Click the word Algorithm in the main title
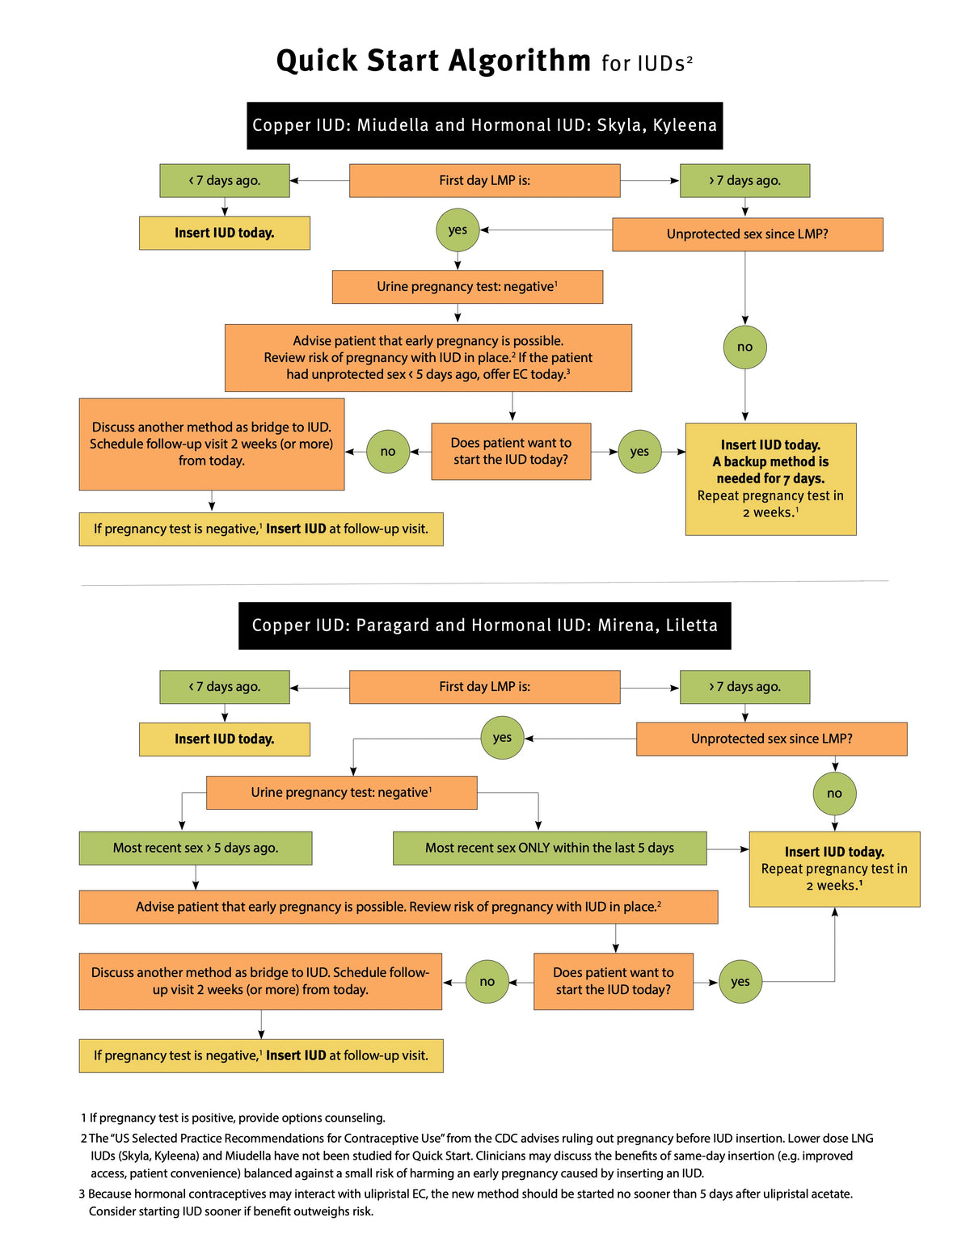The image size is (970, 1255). [520, 61]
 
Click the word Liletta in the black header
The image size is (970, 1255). [692, 625]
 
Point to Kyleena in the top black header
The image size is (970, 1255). [685, 125]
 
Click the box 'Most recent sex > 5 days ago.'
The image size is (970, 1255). [196, 848]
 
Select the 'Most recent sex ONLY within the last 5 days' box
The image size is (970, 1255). [550, 848]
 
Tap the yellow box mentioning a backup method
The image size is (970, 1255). [770, 478]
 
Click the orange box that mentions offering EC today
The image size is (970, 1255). [428, 357]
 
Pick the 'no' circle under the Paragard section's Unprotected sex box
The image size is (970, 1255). [834, 794]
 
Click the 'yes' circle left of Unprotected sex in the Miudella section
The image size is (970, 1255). [458, 230]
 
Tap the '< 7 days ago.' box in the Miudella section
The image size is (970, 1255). [225, 181]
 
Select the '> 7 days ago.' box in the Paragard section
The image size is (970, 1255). [744, 687]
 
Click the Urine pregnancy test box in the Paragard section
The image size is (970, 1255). [341, 793]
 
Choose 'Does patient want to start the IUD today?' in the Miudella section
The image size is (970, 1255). [511, 451]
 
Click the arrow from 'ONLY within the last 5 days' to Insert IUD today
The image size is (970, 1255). [728, 849]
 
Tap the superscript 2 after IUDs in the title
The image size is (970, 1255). [690, 58]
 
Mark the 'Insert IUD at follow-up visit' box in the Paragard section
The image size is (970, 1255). [261, 1055]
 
